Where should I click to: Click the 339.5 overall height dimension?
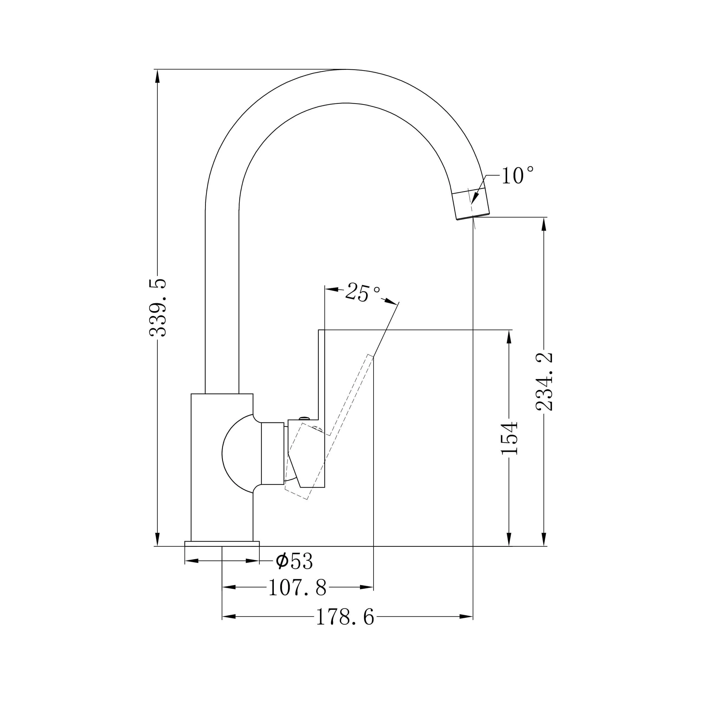tap(158, 308)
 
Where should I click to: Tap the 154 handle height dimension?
tap(509, 438)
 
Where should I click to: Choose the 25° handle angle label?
tap(362, 292)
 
